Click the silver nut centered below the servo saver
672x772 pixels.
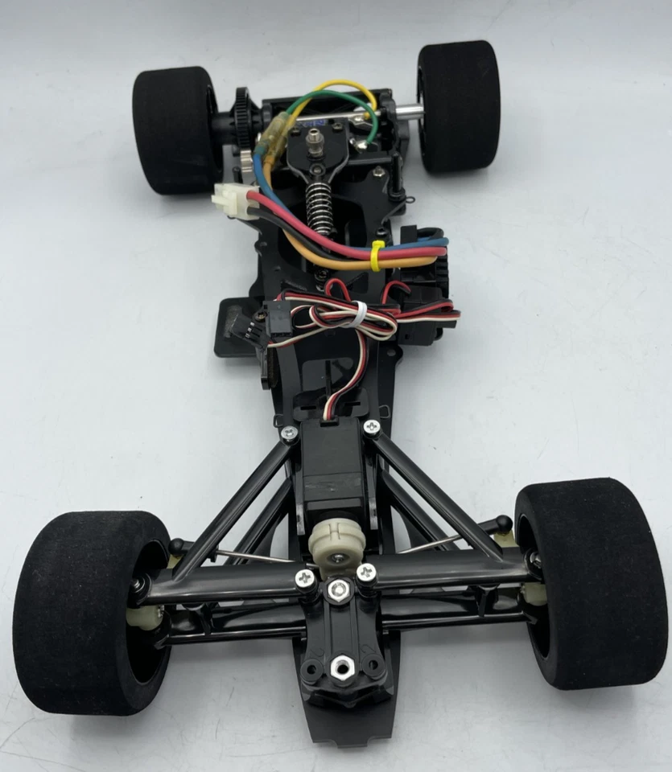tap(339, 589)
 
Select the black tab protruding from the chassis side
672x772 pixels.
tap(229, 326)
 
